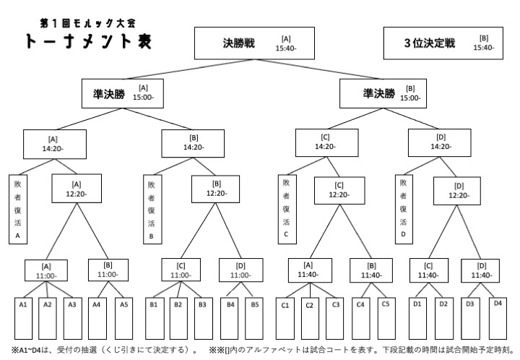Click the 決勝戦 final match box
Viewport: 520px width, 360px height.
(254, 43)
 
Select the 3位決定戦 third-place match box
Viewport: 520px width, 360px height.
(443, 43)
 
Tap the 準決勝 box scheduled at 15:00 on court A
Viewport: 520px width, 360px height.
(123, 93)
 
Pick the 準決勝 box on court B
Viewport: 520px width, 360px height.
(383, 93)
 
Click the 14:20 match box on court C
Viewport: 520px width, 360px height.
(326, 142)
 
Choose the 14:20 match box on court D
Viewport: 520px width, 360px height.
(439, 142)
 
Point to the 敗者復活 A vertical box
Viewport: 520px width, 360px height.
(18, 210)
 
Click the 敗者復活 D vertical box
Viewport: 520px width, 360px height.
(404, 210)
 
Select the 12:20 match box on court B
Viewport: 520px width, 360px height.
(215, 189)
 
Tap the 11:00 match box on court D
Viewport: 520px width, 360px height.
(240, 270)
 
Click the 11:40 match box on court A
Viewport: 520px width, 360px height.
(310, 270)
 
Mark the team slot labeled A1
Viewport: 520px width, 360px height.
(23, 318)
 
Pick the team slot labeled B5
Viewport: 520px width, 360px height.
(254, 318)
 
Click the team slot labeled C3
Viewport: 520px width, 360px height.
(335, 318)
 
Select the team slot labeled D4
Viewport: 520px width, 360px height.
(498, 318)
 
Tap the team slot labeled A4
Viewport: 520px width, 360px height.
(97, 318)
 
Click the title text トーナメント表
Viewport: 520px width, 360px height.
(89, 41)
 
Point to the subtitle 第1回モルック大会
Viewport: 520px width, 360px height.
(88, 23)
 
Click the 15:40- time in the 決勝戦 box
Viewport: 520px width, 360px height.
(286, 48)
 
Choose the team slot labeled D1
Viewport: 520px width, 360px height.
(417, 318)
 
